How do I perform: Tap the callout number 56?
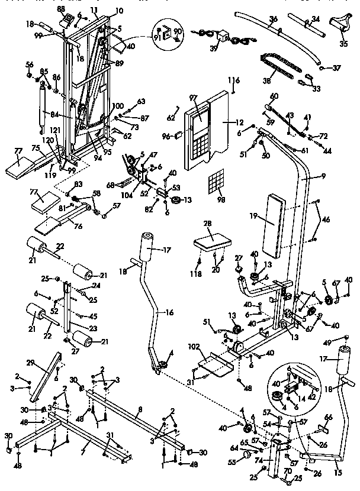coord(28,64)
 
